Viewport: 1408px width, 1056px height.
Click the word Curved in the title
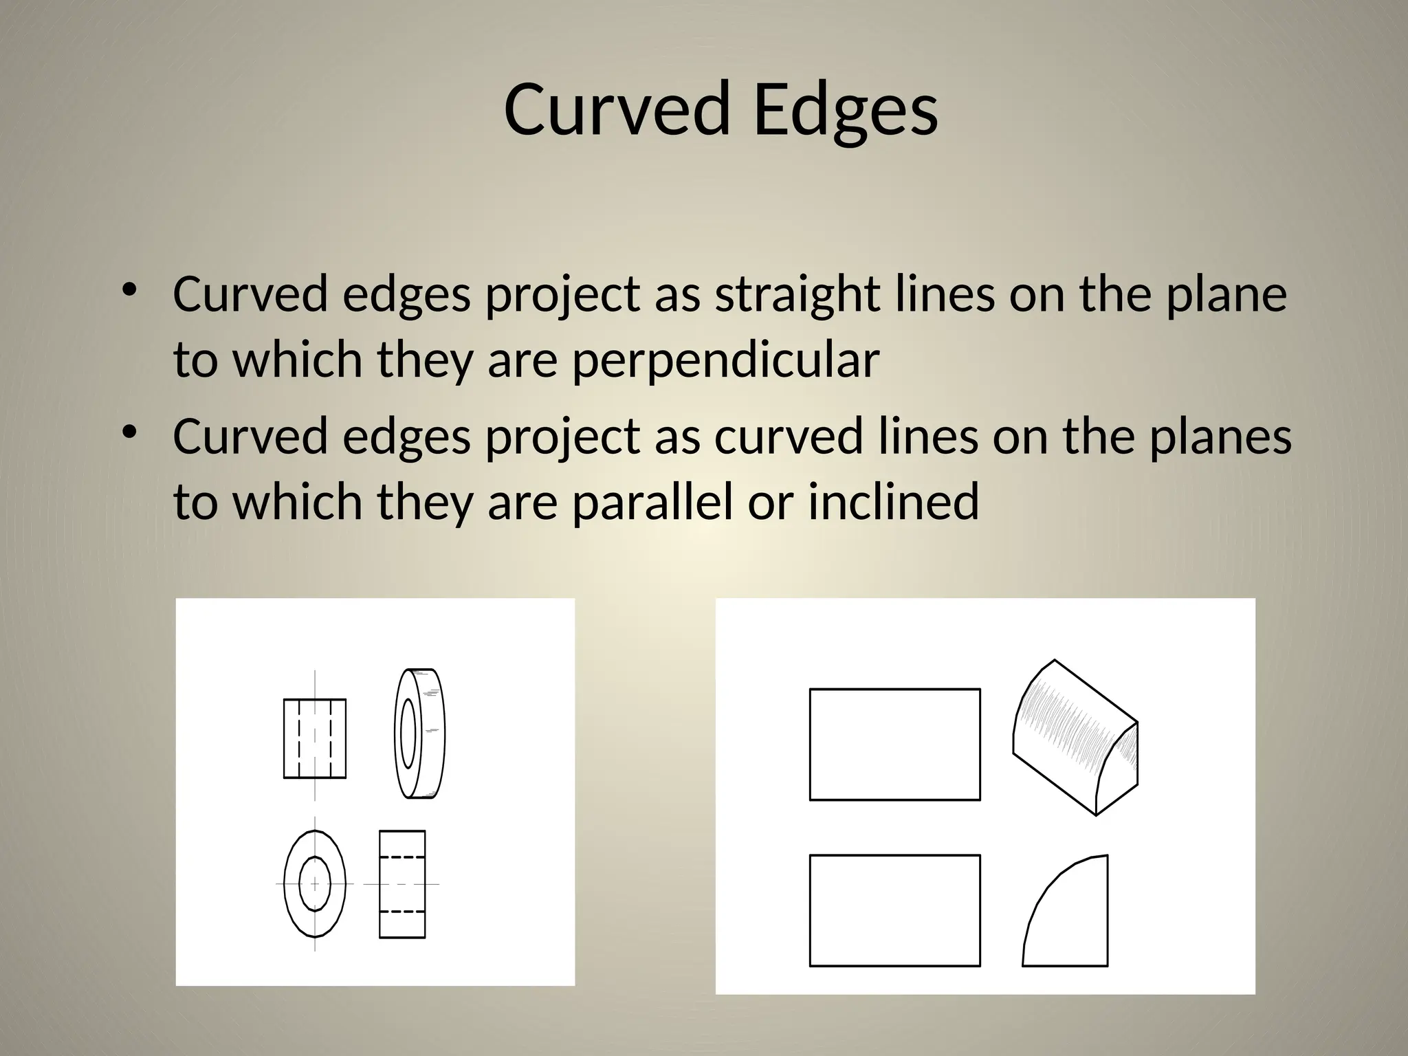616,110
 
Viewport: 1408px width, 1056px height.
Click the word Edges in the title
845,110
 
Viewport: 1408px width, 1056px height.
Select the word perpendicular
725,360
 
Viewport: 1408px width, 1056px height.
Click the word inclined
893,501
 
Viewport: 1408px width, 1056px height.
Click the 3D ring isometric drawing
420,733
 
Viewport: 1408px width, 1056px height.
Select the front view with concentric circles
315,883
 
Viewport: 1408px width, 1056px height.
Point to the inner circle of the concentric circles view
315,883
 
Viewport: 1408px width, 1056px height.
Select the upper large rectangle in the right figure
894,744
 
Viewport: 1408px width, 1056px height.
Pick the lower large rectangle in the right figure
894,910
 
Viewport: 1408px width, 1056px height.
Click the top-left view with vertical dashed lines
315,738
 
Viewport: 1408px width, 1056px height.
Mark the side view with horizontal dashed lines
402,883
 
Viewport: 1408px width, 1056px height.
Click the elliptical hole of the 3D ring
408,733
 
